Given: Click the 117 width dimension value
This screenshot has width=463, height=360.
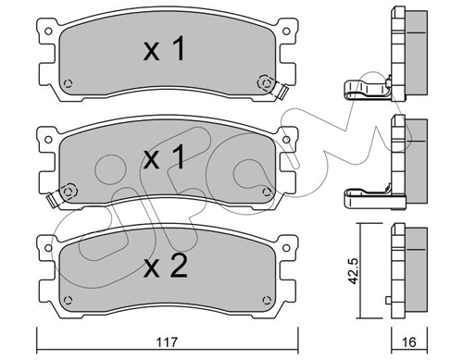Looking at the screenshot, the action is point(167,342).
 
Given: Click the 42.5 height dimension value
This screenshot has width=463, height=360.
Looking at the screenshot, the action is point(353,271).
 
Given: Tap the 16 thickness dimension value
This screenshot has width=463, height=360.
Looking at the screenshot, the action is point(409,342).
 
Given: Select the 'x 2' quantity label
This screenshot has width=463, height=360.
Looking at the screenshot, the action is point(166,267).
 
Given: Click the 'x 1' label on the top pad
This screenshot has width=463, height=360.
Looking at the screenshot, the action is point(165,49).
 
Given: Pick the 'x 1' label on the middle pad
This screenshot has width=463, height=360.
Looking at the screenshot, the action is point(165,157).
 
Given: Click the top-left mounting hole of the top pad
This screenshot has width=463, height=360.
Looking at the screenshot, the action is point(48,31).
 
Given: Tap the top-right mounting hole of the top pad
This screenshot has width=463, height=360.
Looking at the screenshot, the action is point(286,31).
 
